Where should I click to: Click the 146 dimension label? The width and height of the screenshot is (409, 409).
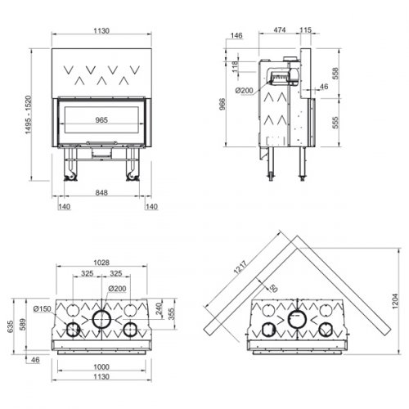tap(237, 37)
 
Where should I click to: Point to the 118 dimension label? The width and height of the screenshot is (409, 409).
tap(236, 65)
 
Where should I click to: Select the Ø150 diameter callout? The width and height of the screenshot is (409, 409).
tap(43, 308)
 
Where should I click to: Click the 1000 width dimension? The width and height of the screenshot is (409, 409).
tap(101, 366)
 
